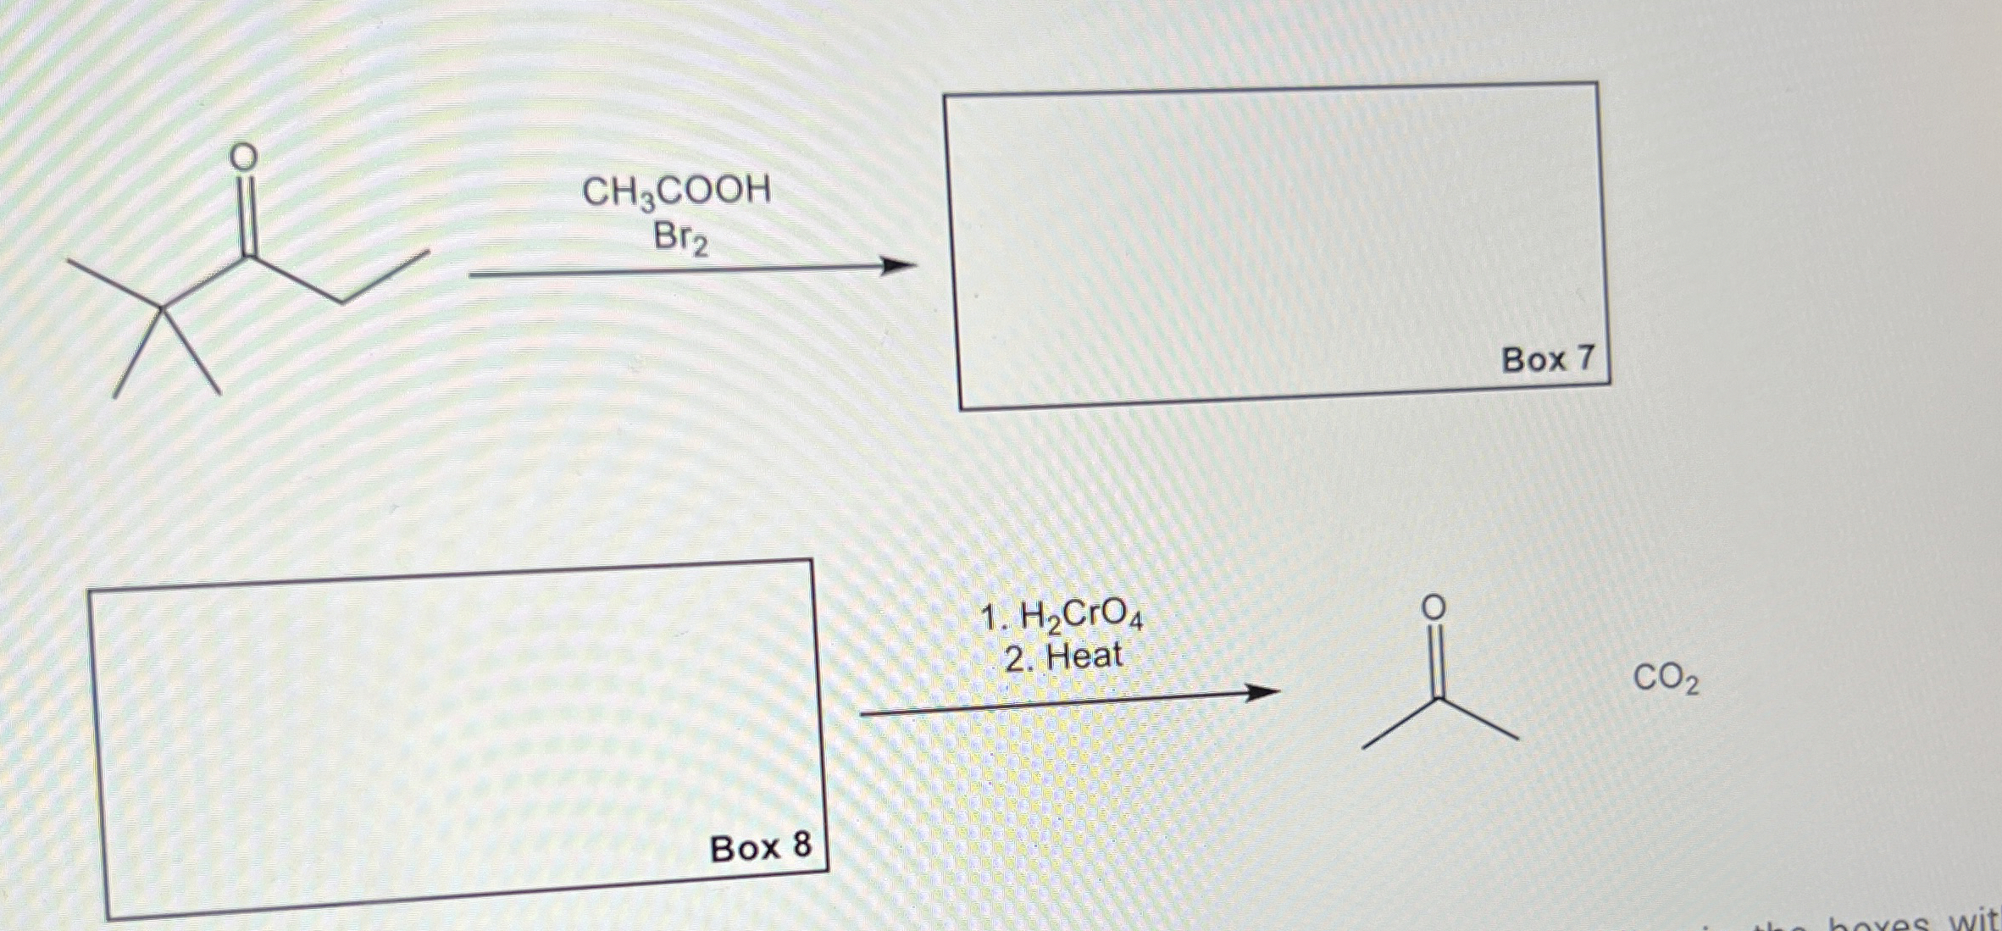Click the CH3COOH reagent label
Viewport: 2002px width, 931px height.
tap(676, 192)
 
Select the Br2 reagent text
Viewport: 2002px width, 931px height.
tap(679, 239)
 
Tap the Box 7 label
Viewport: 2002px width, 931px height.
tap(1547, 359)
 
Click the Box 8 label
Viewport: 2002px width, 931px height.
tap(760, 847)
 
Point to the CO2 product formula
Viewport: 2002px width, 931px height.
tap(1665, 679)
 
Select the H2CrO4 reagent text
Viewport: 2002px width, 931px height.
tap(1081, 618)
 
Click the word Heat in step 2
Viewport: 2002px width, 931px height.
tap(1084, 657)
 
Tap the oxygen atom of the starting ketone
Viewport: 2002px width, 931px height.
tap(244, 157)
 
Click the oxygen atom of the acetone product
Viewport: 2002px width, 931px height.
tap(1433, 607)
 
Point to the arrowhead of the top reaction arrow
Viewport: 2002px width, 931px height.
tap(900, 267)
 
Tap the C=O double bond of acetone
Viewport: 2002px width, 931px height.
tap(1434, 657)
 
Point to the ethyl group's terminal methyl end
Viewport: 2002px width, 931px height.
tap(429, 252)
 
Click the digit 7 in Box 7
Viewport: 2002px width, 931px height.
tap(1583, 357)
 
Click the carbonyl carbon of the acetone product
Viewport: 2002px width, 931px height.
tap(1435, 699)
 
